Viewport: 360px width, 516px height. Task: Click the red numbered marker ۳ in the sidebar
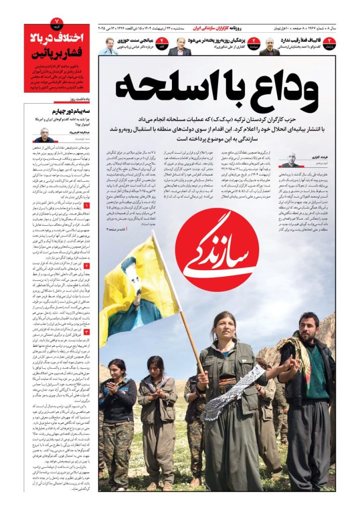coord(86,332)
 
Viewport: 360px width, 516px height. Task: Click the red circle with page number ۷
coord(57,22)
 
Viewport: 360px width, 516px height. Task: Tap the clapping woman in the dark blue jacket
coord(117,398)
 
